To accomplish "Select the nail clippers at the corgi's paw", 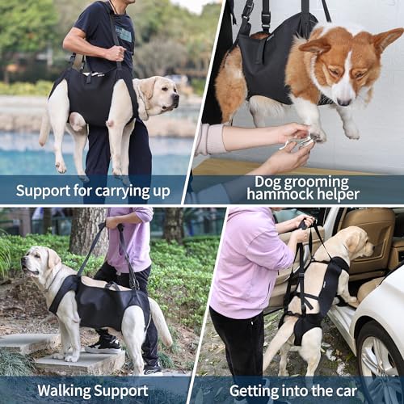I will (x=297, y=143).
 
